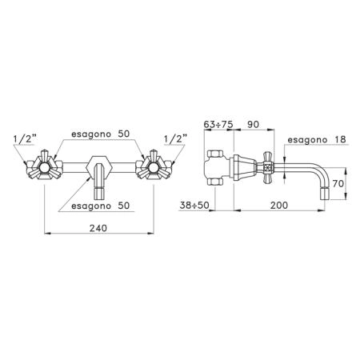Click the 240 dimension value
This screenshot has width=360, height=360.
[x=98, y=228]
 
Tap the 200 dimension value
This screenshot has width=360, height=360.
[x=279, y=206]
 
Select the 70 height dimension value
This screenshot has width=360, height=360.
[x=338, y=183]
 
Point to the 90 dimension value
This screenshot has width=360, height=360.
[x=253, y=124]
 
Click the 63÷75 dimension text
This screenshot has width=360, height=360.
[x=218, y=124]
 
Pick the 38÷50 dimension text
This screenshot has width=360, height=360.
[x=194, y=206]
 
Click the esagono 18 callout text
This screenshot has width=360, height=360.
[x=317, y=139]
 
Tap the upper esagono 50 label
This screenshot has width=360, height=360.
[x=101, y=134]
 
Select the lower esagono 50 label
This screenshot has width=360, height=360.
[x=101, y=206]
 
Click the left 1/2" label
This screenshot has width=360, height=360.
[x=25, y=139]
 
